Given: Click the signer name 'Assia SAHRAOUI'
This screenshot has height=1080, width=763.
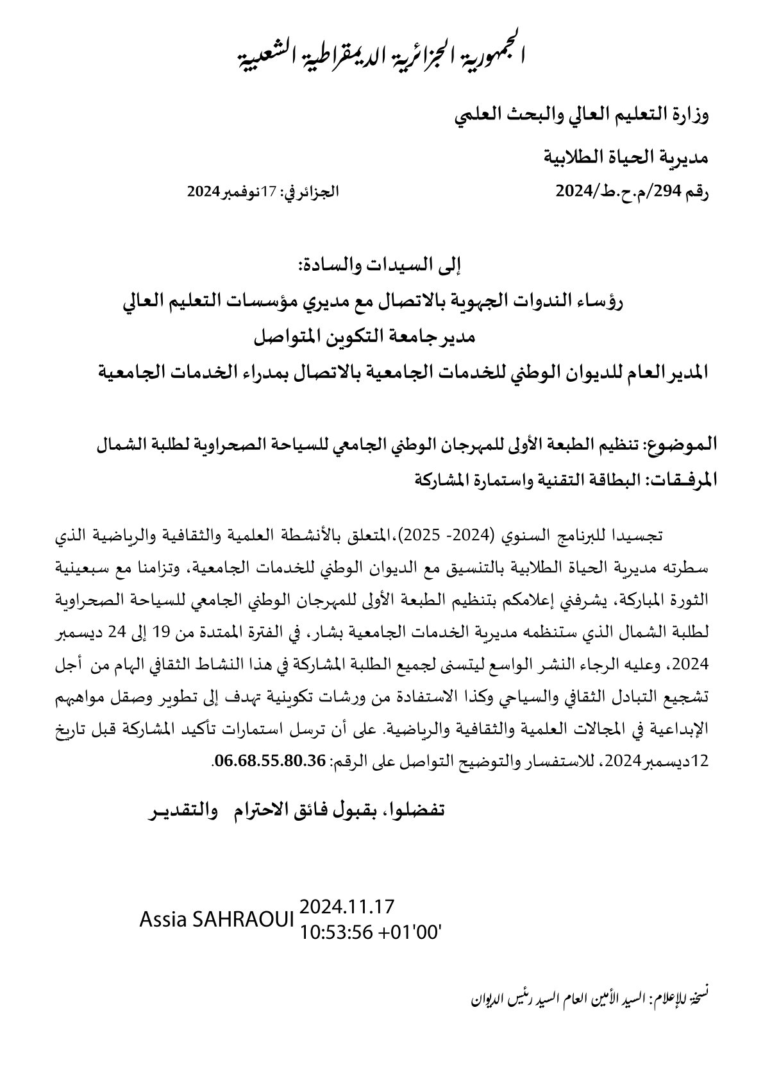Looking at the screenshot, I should [x=216, y=920].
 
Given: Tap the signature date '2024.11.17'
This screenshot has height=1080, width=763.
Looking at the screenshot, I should [x=346, y=907].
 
